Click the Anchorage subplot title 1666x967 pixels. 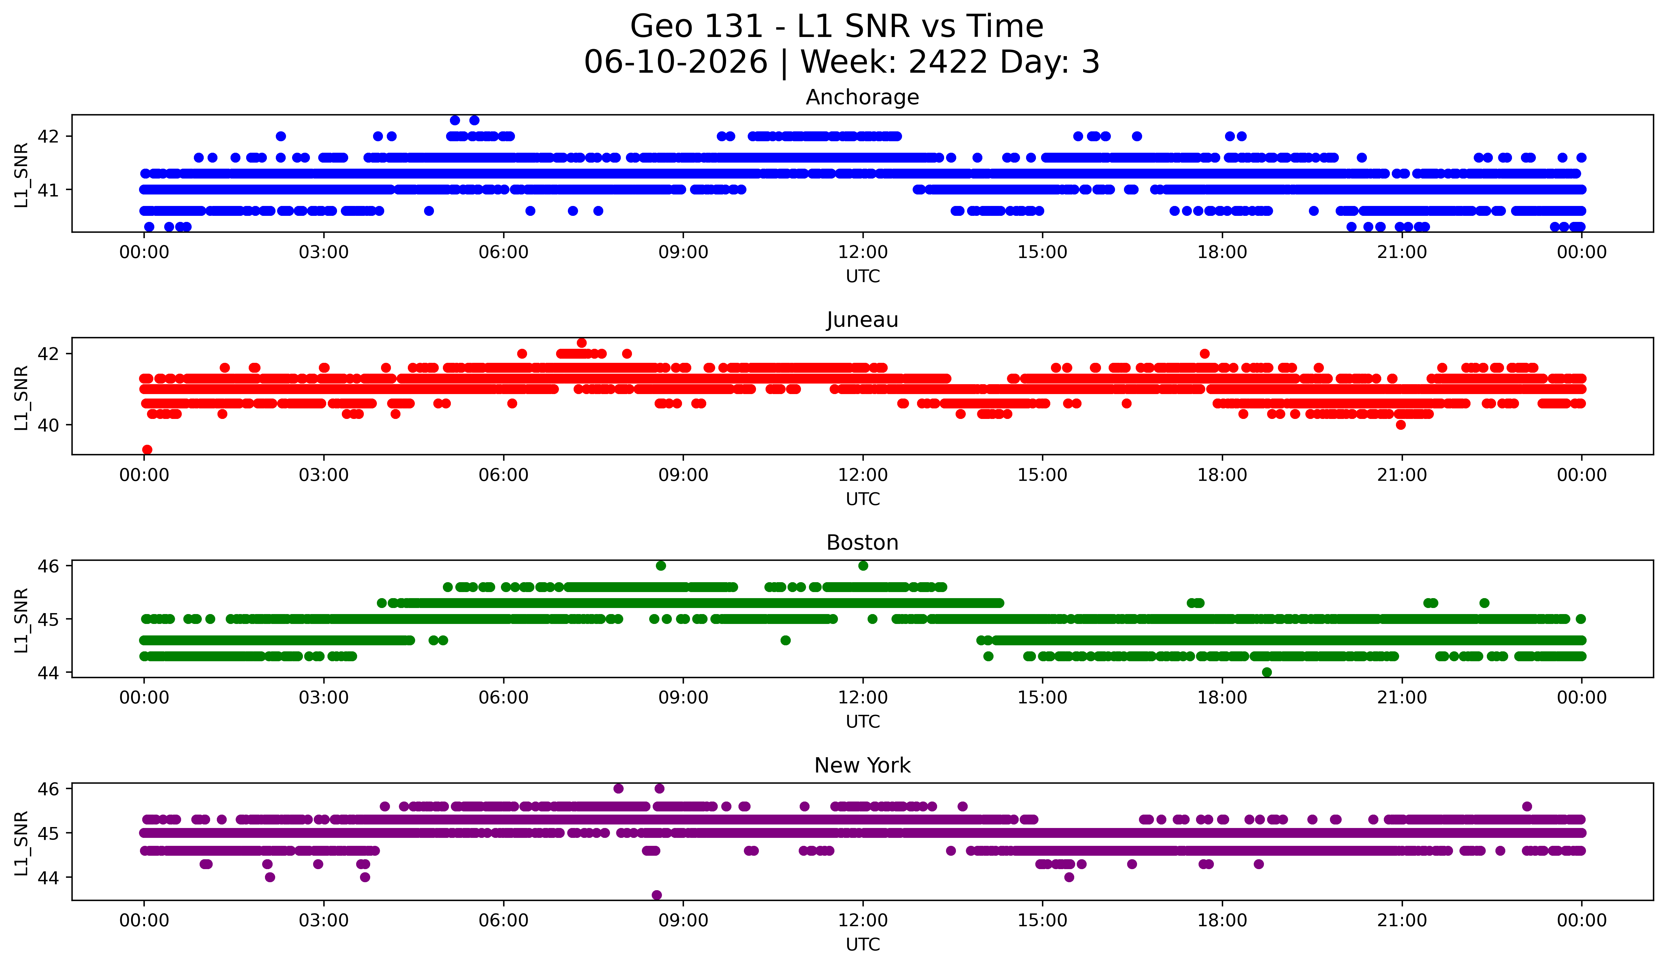coord(862,97)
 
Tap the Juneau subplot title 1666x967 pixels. coord(862,320)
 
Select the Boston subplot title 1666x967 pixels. coord(862,543)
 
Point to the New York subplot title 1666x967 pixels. coord(862,766)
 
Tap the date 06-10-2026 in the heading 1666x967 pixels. coord(676,62)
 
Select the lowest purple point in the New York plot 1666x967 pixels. coord(657,895)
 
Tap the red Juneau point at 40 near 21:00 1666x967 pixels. coord(1400,425)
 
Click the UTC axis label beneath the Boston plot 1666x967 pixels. coord(863,722)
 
